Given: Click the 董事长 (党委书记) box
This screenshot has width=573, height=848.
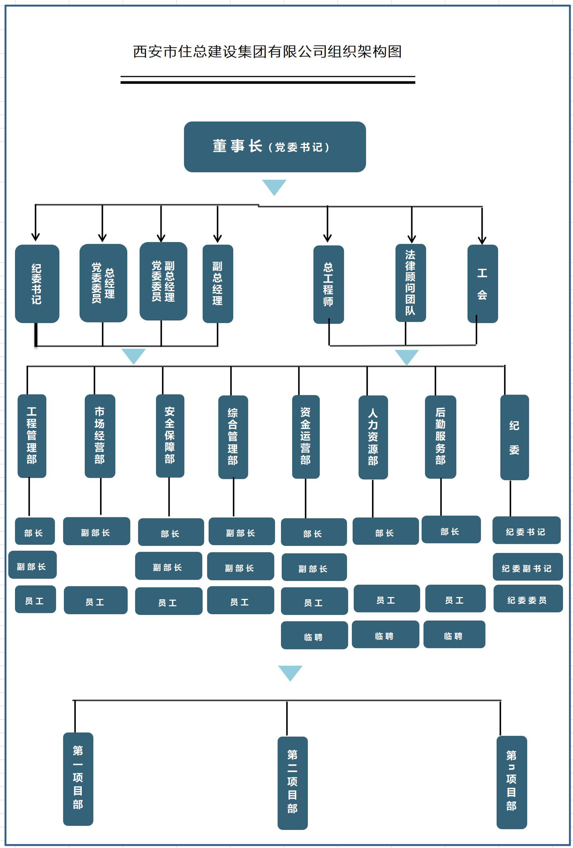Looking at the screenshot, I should (x=275, y=147).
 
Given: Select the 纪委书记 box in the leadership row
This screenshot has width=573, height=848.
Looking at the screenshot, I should (x=37, y=284).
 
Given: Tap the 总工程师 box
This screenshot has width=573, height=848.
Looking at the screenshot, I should (x=328, y=284).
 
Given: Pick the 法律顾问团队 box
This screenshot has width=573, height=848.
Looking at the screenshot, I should (x=410, y=283).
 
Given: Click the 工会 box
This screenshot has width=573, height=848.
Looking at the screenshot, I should (x=482, y=284).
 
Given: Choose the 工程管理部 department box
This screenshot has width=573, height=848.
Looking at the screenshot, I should (x=32, y=436).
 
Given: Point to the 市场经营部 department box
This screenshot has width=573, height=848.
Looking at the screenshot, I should (x=100, y=436).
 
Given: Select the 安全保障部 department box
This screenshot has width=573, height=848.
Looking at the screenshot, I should (x=170, y=436).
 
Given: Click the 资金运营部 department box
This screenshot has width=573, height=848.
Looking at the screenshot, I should (x=306, y=436).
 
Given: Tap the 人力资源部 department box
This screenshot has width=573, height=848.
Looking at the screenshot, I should (x=373, y=437).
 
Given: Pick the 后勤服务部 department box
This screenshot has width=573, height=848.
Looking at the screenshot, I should (x=440, y=437).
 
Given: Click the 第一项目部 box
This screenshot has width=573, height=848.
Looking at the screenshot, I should (x=78, y=779).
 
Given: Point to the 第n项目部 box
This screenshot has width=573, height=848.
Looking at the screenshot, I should (x=511, y=782).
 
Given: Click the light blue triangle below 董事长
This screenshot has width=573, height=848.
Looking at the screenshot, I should (x=274, y=186).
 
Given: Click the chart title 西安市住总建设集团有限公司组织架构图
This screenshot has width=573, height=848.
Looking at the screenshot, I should (x=267, y=52).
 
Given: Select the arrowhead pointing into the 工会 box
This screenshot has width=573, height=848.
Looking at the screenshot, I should (x=482, y=241).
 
